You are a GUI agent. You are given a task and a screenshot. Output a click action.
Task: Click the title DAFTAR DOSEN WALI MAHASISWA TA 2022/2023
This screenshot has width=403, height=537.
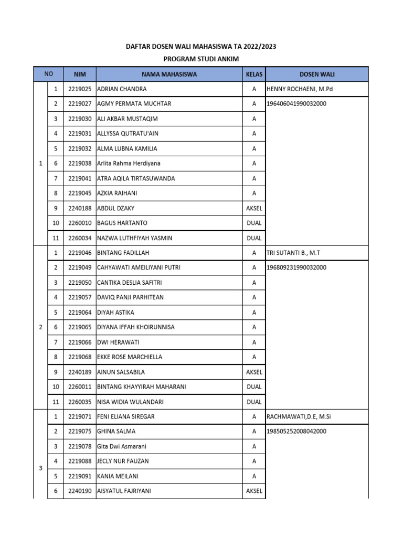tap(201, 47)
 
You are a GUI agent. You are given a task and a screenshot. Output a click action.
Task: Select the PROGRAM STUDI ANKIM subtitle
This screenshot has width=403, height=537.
tap(201, 59)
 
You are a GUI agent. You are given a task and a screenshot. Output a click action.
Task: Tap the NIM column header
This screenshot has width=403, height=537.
tap(80, 74)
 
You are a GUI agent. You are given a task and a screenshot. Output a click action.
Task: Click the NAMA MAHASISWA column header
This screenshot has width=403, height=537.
tap(169, 74)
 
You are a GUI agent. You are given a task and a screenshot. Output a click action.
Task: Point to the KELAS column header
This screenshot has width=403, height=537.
tap(254, 74)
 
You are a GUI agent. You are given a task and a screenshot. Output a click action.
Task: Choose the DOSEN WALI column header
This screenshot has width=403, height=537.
tap(317, 74)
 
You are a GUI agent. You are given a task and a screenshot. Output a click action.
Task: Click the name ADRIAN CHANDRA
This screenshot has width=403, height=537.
tap(122, 89)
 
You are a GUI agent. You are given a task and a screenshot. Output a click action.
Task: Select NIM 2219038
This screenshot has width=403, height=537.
tap(80, 164)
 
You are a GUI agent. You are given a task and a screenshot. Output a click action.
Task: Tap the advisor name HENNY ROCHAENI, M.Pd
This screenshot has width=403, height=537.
tap(300, 89)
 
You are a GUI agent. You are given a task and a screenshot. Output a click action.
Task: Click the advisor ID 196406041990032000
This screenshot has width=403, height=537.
tap(296, 104)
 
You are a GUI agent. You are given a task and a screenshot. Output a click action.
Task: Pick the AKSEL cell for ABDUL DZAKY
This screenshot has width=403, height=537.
tap(254, 208)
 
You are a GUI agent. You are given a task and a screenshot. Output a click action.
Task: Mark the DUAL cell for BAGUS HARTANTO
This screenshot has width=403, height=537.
tap(254, 223)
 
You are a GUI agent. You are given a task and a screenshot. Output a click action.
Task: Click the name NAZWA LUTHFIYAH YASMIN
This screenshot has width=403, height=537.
tap(135, 238)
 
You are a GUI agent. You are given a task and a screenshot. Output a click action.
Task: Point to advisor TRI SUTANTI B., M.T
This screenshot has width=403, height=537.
tap(293, 253)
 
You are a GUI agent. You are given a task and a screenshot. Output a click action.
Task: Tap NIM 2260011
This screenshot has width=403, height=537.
tap(80, 387)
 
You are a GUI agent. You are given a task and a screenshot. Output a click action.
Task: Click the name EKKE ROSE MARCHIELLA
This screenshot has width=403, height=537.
tap(130, 357)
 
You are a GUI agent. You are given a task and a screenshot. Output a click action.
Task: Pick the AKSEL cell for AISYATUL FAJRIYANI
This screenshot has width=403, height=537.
tap(254, 491)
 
